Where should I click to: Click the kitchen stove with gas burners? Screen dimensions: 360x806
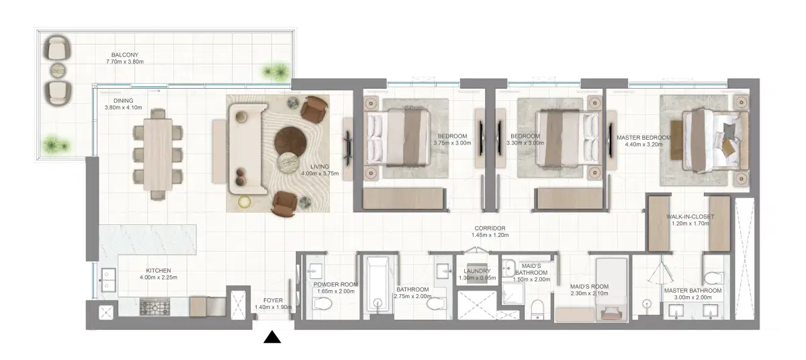coord(156,307)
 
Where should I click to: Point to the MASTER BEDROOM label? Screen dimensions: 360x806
coord(643,138)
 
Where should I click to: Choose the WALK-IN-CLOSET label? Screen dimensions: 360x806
coord(690,217)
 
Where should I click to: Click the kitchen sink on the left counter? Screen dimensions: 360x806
coord(107,281)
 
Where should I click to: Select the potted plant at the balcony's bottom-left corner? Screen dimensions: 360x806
coord(52,144)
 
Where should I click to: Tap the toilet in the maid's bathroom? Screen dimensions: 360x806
coord(537,310)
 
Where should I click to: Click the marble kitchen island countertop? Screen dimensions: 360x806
coord(148,238)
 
